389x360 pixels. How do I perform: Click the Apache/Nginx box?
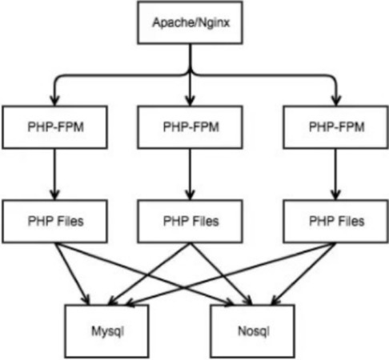(190, 22)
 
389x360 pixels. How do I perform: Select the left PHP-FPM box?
(54, 127)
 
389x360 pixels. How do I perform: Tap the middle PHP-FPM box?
(190, 127)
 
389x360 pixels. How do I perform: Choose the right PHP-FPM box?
(336, 127)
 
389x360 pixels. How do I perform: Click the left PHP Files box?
(54, 222)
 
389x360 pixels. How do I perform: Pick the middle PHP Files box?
(190, 222)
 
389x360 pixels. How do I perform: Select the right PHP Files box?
(336, 222)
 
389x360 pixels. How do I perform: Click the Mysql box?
(107, 331)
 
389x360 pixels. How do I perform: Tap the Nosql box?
(253, 331)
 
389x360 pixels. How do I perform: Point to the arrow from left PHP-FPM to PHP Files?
(54, 174)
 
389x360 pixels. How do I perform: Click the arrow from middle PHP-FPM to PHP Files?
(190, 174)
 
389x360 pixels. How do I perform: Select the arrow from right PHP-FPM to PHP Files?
(336, 174)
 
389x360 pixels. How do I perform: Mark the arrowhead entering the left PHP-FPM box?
(54, 101)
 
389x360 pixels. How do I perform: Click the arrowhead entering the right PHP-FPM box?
(337, 101)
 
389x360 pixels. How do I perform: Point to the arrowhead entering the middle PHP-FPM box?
(190, 101)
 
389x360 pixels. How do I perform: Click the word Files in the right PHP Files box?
(351, 222)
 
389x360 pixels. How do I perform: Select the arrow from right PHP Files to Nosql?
(303, 274)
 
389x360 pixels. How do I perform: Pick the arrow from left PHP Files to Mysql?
(72, 274)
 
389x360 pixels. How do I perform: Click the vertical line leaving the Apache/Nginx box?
(190, 58)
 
